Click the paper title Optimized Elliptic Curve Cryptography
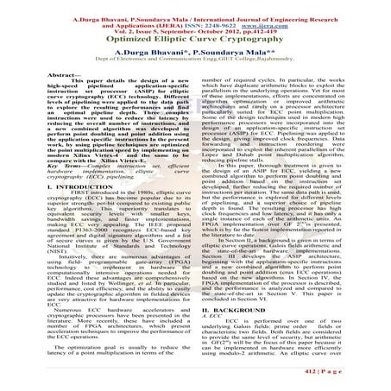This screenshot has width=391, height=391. click(195, 40)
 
